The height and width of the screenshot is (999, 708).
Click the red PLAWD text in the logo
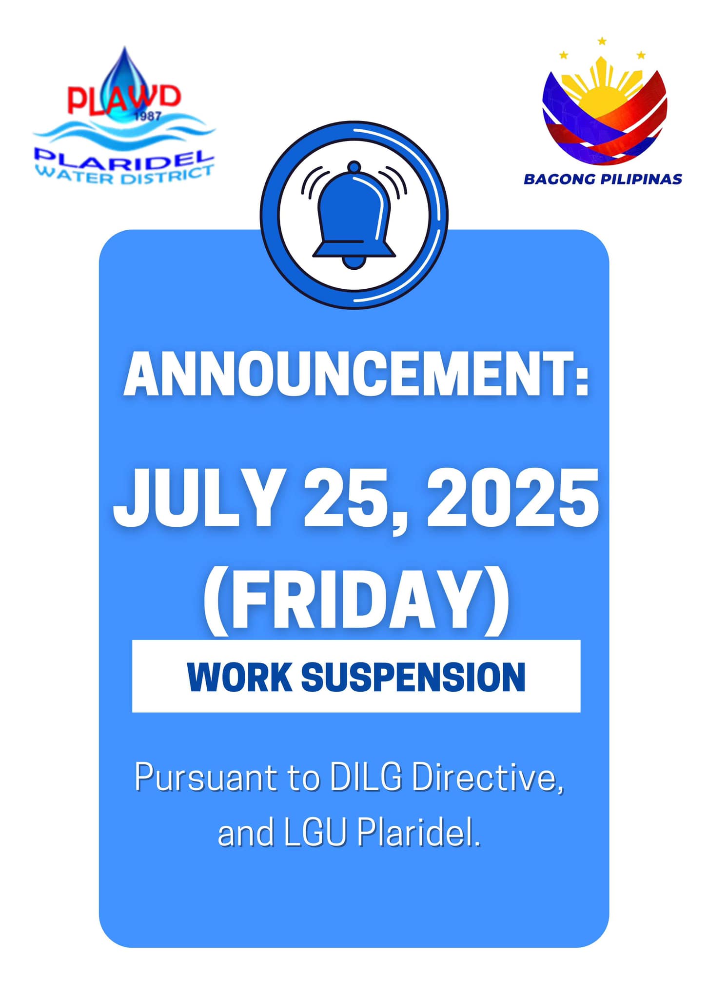[x=124, y=99]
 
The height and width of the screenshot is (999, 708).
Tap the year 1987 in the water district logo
[x=148, y=117]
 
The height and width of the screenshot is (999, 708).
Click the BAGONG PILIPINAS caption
[x=603, y=179]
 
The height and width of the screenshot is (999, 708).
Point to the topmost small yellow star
[x=602, y=41]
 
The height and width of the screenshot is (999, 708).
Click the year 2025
[x=512, y=498]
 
